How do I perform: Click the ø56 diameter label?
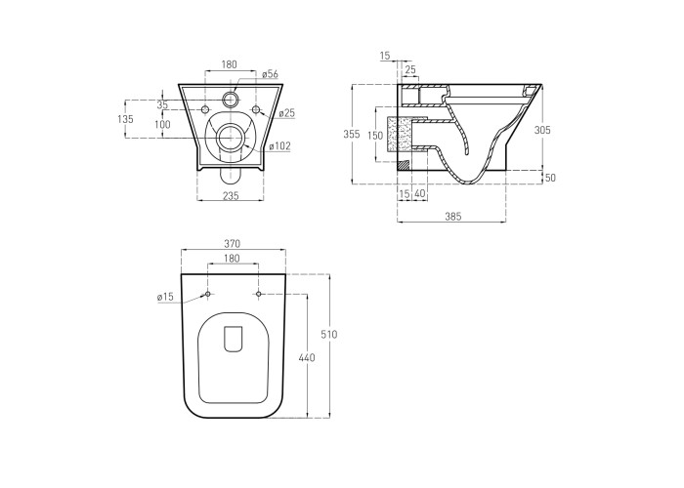pos(270,74)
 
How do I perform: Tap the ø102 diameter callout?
pos(279,146)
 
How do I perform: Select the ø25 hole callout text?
pos(287,113)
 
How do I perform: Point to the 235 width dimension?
pos(231,196)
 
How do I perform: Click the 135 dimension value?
pos(125,118)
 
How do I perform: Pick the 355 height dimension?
pos(352,134)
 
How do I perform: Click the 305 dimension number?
pos(542,130)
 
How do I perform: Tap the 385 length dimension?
pos(453,216)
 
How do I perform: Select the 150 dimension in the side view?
pos(375,136)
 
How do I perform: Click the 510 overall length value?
pos(329,335)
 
